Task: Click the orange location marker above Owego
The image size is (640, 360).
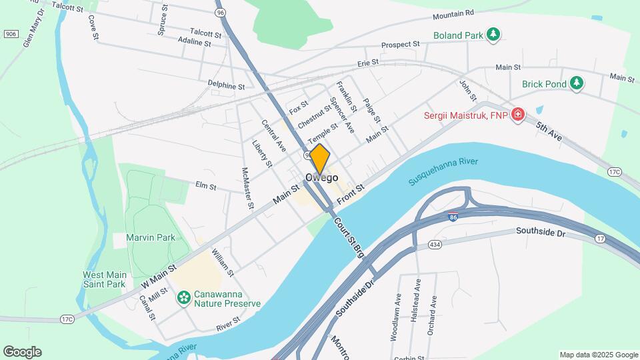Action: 320,159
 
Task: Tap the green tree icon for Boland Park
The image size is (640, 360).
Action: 493,34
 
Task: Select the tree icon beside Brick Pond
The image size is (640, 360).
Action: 577,83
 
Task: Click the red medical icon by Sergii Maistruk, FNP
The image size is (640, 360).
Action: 517,115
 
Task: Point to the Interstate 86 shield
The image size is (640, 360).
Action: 453,217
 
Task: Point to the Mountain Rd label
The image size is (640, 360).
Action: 453,13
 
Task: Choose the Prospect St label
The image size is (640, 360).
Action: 400,45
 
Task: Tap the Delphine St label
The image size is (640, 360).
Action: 226,85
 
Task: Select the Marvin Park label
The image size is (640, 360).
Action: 139,237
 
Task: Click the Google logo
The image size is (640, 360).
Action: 22,352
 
